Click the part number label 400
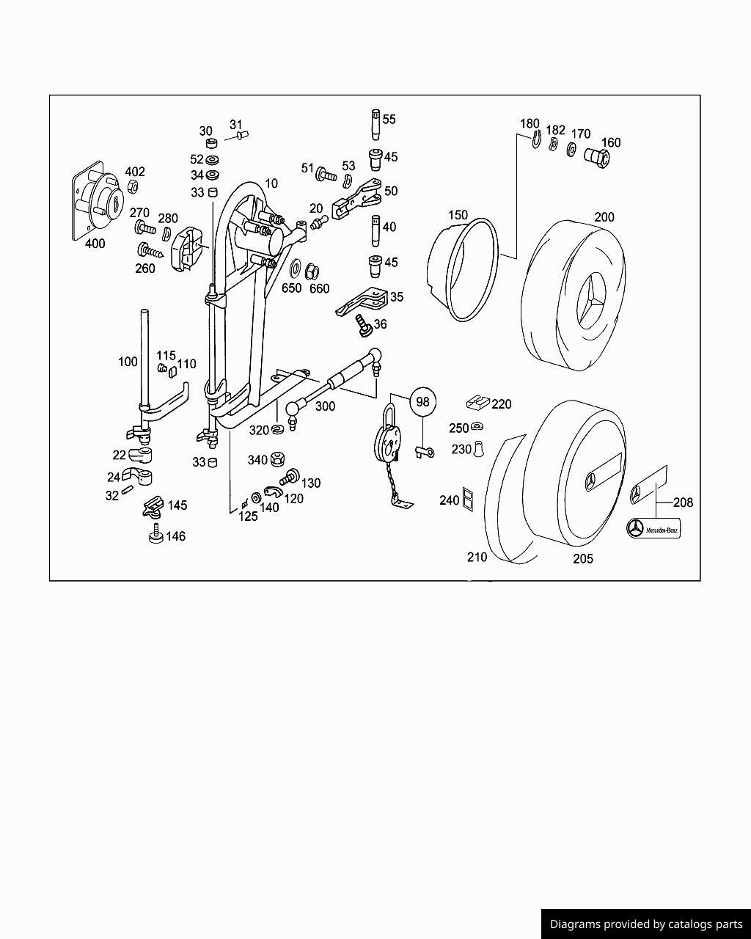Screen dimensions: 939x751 95,244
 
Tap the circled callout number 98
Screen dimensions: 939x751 422,401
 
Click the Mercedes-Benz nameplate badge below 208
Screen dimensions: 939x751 653,528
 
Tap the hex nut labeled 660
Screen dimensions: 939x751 311,271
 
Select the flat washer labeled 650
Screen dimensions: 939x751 298,266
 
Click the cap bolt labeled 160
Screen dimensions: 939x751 596,156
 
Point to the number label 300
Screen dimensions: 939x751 324,406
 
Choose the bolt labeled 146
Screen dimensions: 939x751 155,536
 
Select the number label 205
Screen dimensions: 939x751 582,559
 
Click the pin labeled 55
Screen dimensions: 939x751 375,125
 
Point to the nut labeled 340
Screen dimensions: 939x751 277,460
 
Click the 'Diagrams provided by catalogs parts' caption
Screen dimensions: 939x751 645,924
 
